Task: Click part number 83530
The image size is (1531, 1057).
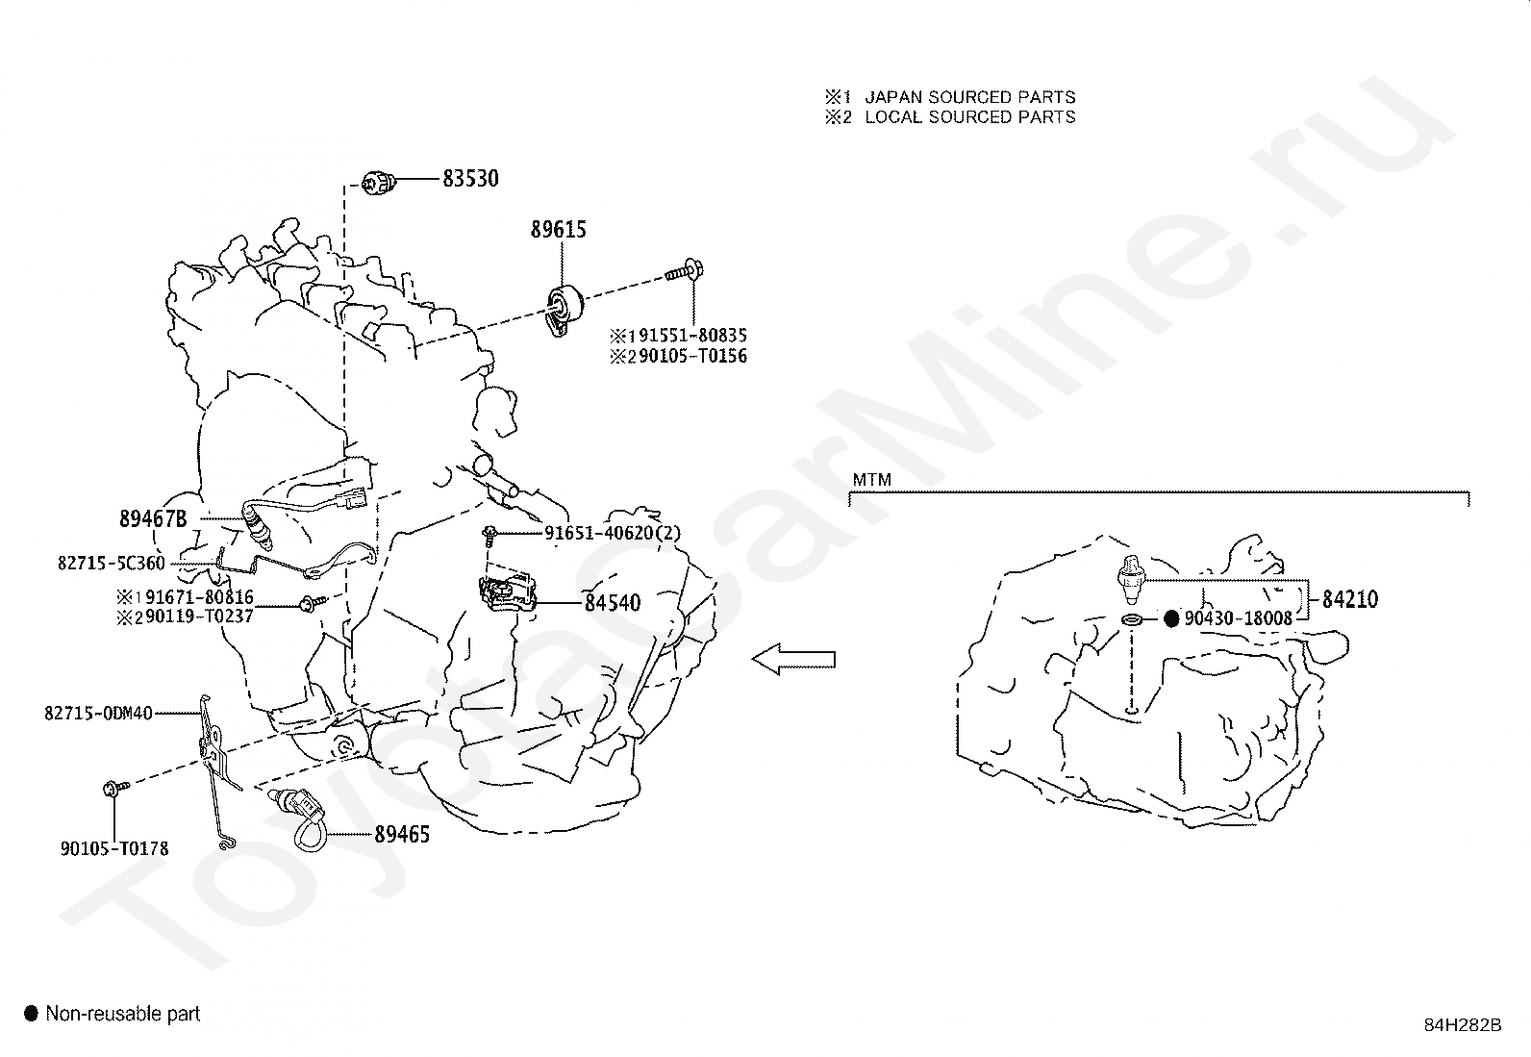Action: [x=470, y=179]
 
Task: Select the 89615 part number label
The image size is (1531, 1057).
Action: [x=558, y=230]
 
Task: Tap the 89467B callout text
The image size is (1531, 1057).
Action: [x=152, y=518]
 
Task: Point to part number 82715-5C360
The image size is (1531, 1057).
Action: [x=112, y=564]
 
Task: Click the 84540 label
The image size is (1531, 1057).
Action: [x=612, y=604]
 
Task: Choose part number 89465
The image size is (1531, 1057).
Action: [x=401, y=835]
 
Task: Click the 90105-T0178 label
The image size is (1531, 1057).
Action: [x=114, y=848]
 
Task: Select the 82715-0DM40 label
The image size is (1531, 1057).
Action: [x=98, y=713]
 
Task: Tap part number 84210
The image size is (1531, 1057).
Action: [x=1349, y=600]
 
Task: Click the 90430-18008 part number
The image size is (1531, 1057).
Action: [x=1239, y=619]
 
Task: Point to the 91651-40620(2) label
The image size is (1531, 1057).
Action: [x=612, y=533]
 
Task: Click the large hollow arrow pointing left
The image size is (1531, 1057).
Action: [x=793, y=660]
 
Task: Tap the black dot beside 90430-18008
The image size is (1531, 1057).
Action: [x=1170, y=619]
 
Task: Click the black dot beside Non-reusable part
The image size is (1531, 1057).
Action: [x=31, y=1013]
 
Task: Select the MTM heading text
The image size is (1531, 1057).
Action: [x=871, y=480]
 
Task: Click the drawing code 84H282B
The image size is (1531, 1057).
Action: [x=1463, y=1024]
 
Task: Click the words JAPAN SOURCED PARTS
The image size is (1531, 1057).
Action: [x=969, y=97]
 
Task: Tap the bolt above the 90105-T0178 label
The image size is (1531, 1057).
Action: [x=111, y=789]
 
